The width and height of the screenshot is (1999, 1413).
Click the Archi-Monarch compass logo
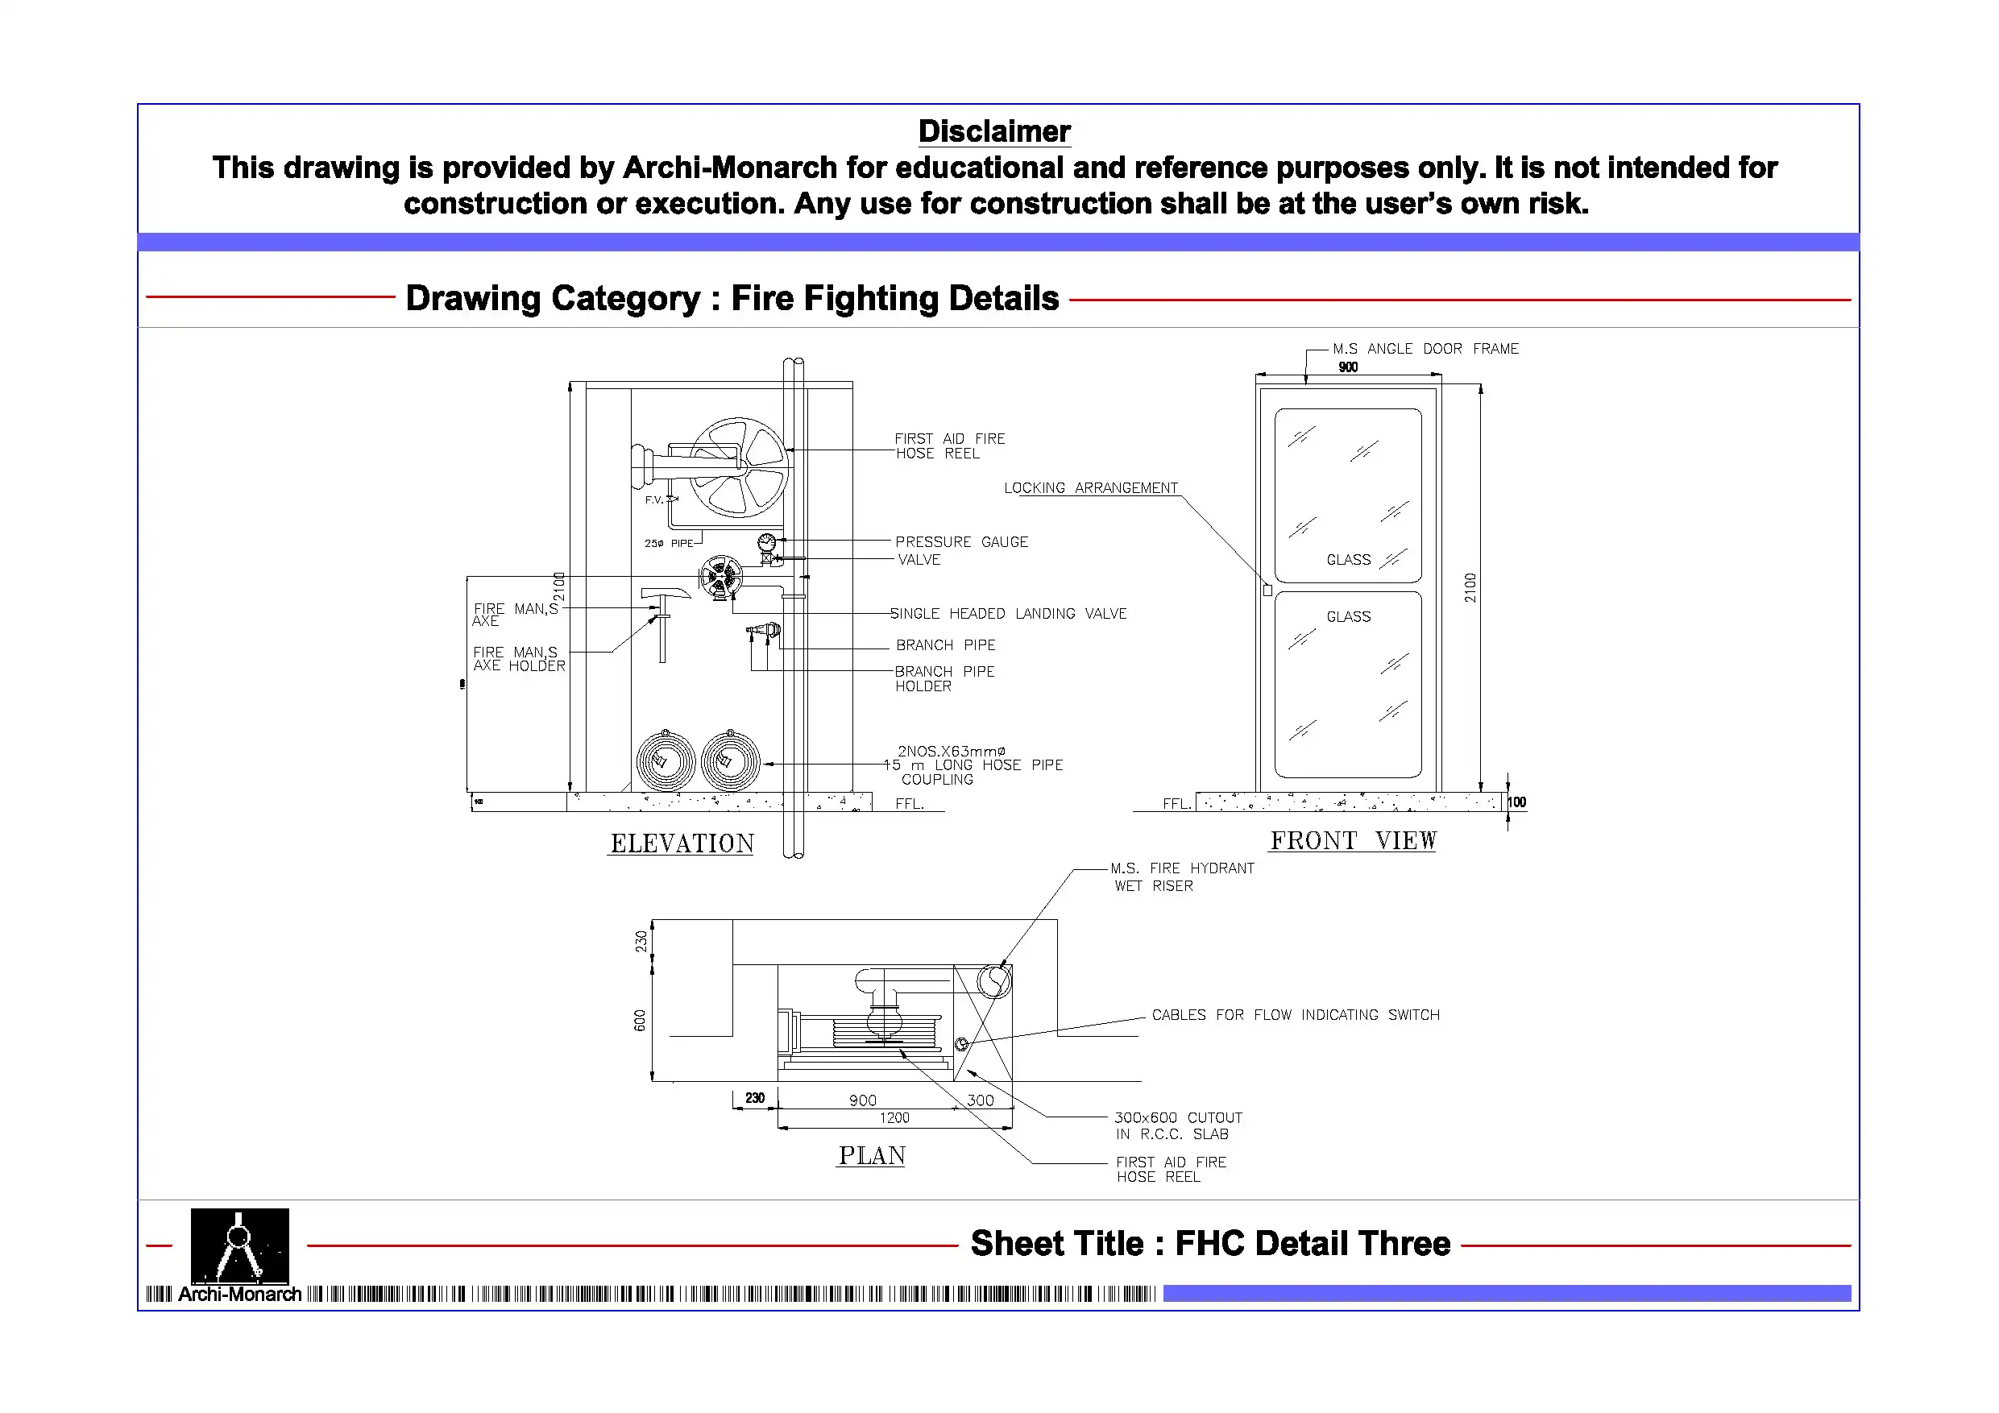coord(239,1246)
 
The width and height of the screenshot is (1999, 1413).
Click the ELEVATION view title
coord(682,843)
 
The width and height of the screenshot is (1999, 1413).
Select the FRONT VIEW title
coord(1353,841)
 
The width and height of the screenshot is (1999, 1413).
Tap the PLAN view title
coord(872,1156)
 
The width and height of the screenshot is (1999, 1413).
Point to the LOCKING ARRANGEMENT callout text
coord(1090,488)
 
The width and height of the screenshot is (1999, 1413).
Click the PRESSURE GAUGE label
coord(961,542)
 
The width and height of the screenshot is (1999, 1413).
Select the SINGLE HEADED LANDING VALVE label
coord(1008,614)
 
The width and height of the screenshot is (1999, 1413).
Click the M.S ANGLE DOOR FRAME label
coord(1425,349)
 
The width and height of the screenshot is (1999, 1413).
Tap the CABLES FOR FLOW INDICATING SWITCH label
coord(1296,1015)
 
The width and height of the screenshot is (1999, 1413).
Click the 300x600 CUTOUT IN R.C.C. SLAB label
coord(1178,1125)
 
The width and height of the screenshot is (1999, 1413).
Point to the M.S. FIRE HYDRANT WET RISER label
coord(1181,876)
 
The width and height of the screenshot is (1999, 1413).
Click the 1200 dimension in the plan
coord(894,1118)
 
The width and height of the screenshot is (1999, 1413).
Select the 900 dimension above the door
coord(1348,367)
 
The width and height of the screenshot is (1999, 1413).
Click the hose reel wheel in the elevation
coord(740,466)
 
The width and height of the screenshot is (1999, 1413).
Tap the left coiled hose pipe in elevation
coord(666,762)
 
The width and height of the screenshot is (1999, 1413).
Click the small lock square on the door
coord(1267,590)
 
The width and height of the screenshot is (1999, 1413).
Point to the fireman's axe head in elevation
coord(666,594)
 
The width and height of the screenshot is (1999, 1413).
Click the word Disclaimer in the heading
coord(994,131)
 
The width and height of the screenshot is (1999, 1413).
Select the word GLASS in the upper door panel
coord(1348,560)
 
